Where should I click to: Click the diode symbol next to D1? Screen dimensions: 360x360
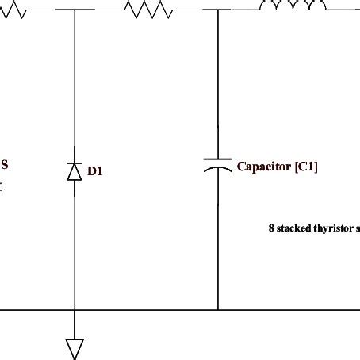(x=75, y=170)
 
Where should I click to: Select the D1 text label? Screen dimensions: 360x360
(x=95, y=170)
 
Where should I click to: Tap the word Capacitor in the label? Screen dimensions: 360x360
(x=264, y=167)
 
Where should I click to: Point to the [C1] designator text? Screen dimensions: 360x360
(x=306, y=167)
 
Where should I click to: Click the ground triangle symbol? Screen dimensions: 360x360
(x=75, y=347)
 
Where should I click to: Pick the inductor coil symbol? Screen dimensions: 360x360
(x=293, y=6)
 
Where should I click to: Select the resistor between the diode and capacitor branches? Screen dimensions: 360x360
(x=147, y=10)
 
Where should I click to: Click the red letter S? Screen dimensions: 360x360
(x=4, y=165)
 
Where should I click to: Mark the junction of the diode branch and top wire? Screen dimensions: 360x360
(x=75, y=10)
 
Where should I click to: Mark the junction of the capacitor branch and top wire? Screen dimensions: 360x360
(x=218, y=10)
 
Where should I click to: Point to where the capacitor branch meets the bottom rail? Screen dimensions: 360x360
(x=218, y=309)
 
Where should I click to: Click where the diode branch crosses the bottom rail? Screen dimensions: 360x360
(x=75, y=309)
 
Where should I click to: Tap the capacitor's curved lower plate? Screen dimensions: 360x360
(x=218, y=170)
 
